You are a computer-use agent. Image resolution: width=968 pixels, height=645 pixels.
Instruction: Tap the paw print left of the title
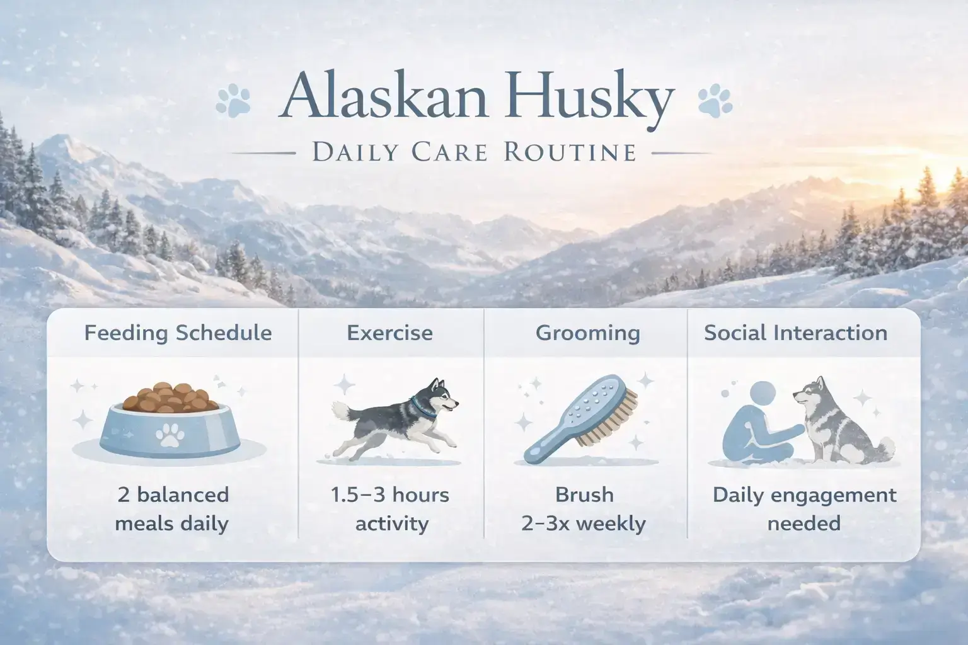233,101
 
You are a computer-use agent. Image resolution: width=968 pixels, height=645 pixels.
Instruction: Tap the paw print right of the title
715,101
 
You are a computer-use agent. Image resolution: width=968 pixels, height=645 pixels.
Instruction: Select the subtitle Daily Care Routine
473,152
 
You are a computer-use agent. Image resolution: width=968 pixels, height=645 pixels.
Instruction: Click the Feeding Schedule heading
178,333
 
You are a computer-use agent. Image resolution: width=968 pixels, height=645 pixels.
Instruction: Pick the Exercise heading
389,333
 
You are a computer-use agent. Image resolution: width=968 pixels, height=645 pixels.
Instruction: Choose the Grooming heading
587,333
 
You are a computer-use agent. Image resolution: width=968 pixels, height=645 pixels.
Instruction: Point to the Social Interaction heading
795,333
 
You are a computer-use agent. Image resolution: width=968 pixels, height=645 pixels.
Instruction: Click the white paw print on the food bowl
169,434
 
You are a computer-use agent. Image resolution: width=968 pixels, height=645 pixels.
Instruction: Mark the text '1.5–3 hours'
389,495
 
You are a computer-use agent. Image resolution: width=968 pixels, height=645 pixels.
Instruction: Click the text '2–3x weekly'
584,523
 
